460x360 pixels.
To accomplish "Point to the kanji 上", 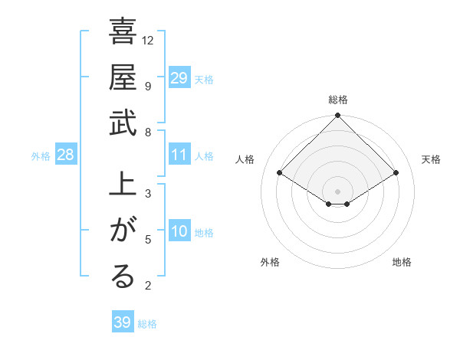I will click(123, 187).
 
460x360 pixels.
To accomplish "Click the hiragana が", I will click(123, 231).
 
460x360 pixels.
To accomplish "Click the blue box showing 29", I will click(179, 78).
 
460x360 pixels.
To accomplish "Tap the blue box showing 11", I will click(179, 155).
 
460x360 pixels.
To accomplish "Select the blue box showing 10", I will click(179, 232).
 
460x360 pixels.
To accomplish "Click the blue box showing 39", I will click(122, 322).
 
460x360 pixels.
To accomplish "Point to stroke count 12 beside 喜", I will click(148, 40).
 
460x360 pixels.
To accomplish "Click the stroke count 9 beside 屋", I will click(148, 86).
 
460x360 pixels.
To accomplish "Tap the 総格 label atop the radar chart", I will click(338, 100).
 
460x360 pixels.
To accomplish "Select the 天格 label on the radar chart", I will click(431, 159).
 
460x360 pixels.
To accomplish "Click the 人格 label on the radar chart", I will click(245, 159).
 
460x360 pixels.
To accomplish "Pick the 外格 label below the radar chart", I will click(270, 262).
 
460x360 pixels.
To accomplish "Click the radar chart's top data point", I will click(338, 116).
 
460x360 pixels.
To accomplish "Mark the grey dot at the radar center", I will click(338, 191).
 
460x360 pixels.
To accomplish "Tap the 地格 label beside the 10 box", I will click(205, 233).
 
